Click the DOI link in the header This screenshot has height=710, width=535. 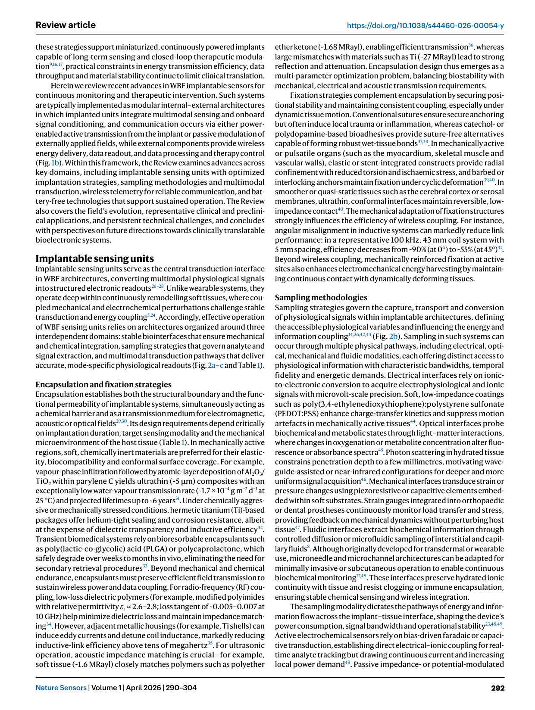425,25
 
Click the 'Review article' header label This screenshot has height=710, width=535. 66,25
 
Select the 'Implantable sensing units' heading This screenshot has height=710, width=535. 94,258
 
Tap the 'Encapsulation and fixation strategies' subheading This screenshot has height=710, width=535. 103,384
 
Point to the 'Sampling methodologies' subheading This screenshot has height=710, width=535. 321,297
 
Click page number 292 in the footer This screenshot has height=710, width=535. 497,688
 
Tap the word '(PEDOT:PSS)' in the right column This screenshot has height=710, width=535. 298,414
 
